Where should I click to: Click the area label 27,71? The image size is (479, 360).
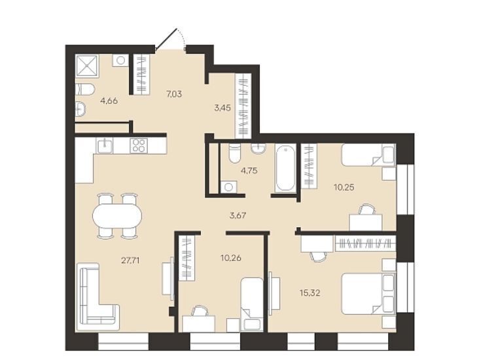tap(130, 261)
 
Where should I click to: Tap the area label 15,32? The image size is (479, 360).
tap(310, 293)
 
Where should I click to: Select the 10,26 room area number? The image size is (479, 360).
tap(230, 258)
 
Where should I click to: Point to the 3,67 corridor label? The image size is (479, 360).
tap(238, 215)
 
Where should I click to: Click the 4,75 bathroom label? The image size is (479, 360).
tap(249, 171)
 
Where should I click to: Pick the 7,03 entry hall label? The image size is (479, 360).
tap(174, 94)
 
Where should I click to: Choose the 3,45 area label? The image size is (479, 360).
tap(222, 108)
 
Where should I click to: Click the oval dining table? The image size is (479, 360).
tap(117, 216)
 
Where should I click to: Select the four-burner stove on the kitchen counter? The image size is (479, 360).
tap(139, 145)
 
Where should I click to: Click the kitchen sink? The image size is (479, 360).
tap(105, 145)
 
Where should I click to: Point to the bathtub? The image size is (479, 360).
tap(285, 168)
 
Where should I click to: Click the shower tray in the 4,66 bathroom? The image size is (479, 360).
tap(87, 65)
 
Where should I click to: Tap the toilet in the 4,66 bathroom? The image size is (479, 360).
tap(85, 89)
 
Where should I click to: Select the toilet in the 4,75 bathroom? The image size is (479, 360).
tap(235, 153)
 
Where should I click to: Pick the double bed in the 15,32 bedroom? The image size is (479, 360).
tap(368, 294)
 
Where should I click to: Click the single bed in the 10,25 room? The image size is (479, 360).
tap(368, 154)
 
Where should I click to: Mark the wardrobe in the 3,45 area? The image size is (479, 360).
tap(243, 106)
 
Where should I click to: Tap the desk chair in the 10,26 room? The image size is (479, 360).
tap(200, 311)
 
